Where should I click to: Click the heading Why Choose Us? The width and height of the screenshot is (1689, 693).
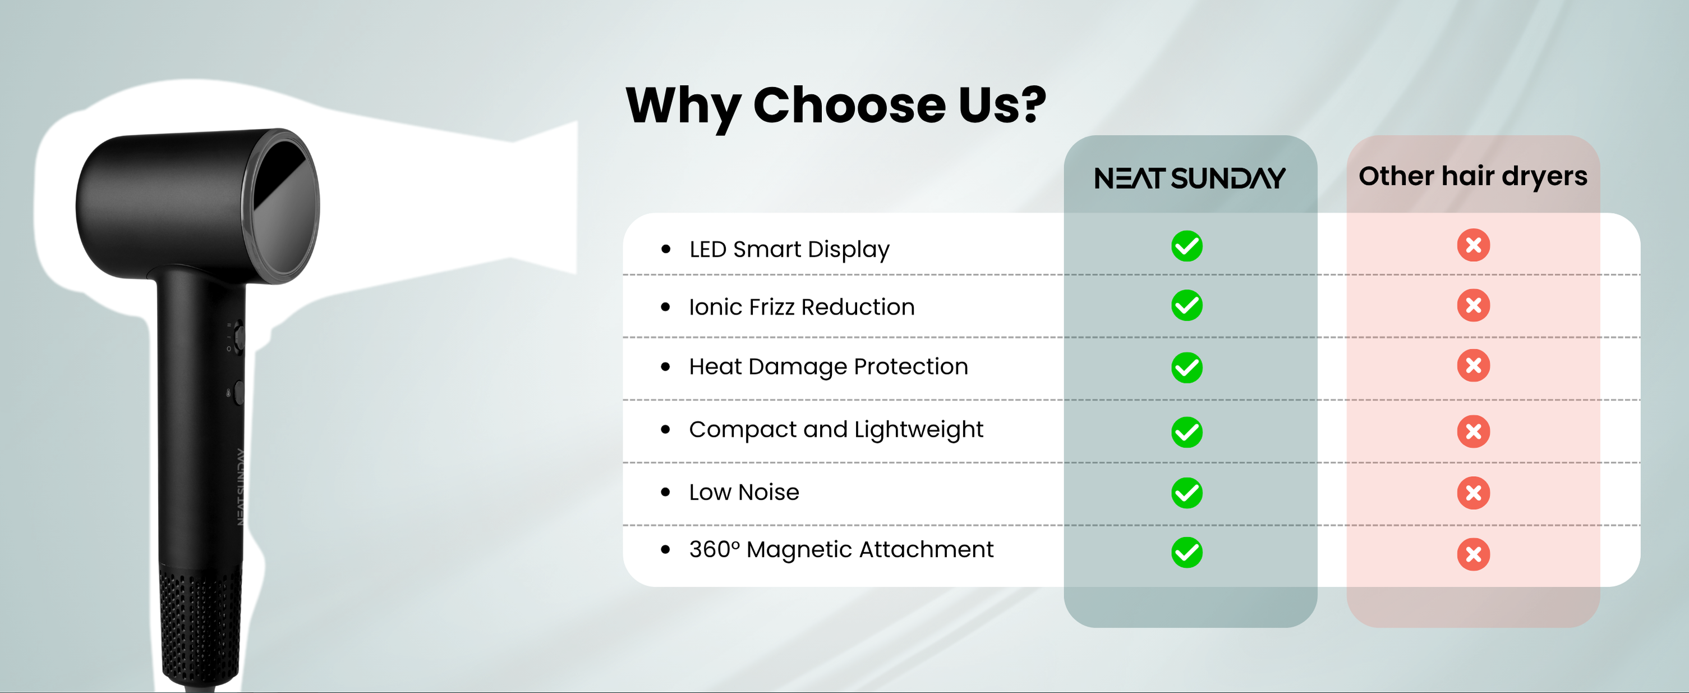(836, 106)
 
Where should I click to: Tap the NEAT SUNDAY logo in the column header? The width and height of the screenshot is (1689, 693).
(1190, 179)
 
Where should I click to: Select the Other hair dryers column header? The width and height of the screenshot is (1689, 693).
(1472, 176)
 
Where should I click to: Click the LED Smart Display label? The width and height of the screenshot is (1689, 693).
(789, 250)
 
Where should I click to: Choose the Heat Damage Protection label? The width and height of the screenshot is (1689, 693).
(828, 367)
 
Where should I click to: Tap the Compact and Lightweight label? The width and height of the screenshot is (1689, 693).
(836, 430)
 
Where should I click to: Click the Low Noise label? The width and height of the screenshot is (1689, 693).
(744, 492)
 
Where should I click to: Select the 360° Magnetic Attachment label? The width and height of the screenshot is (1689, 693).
(841, 550)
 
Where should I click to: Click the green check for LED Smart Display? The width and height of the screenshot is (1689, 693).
(1187, 246)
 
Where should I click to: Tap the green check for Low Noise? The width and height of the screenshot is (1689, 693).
(1187, 493)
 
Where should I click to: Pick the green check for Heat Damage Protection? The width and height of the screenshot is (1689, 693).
(1187, 367)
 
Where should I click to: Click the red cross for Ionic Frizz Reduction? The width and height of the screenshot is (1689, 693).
(1473, 305)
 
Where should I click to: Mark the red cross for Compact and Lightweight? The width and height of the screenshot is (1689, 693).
(1473, 431)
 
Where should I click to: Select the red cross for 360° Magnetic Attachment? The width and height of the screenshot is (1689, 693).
(1473, 554)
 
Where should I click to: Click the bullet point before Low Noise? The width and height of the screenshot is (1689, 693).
(665, 492)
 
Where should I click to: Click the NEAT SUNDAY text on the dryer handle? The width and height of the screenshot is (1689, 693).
(240, 487)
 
